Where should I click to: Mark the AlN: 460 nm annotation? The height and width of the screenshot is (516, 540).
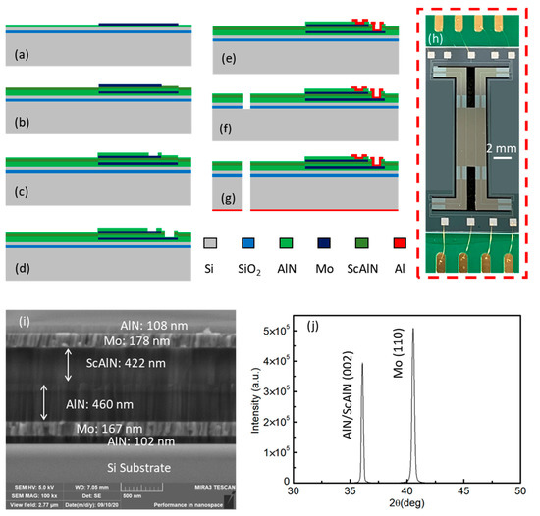91,401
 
